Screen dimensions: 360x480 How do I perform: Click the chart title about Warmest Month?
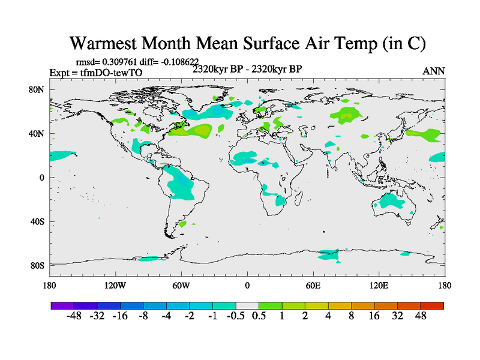248,43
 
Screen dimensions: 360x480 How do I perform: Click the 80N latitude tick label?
38,89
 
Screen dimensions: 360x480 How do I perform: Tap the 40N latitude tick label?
38,133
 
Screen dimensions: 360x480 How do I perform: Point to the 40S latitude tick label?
38,221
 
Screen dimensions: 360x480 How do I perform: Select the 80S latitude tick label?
38,265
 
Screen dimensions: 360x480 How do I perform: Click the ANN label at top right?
434,71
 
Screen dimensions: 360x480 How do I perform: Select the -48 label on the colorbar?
74,316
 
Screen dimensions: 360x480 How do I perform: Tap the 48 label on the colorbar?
420,316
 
